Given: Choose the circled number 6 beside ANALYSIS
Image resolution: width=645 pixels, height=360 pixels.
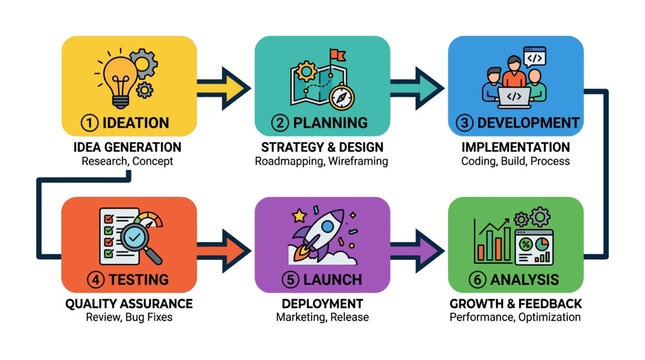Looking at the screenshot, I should click(464, 279).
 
